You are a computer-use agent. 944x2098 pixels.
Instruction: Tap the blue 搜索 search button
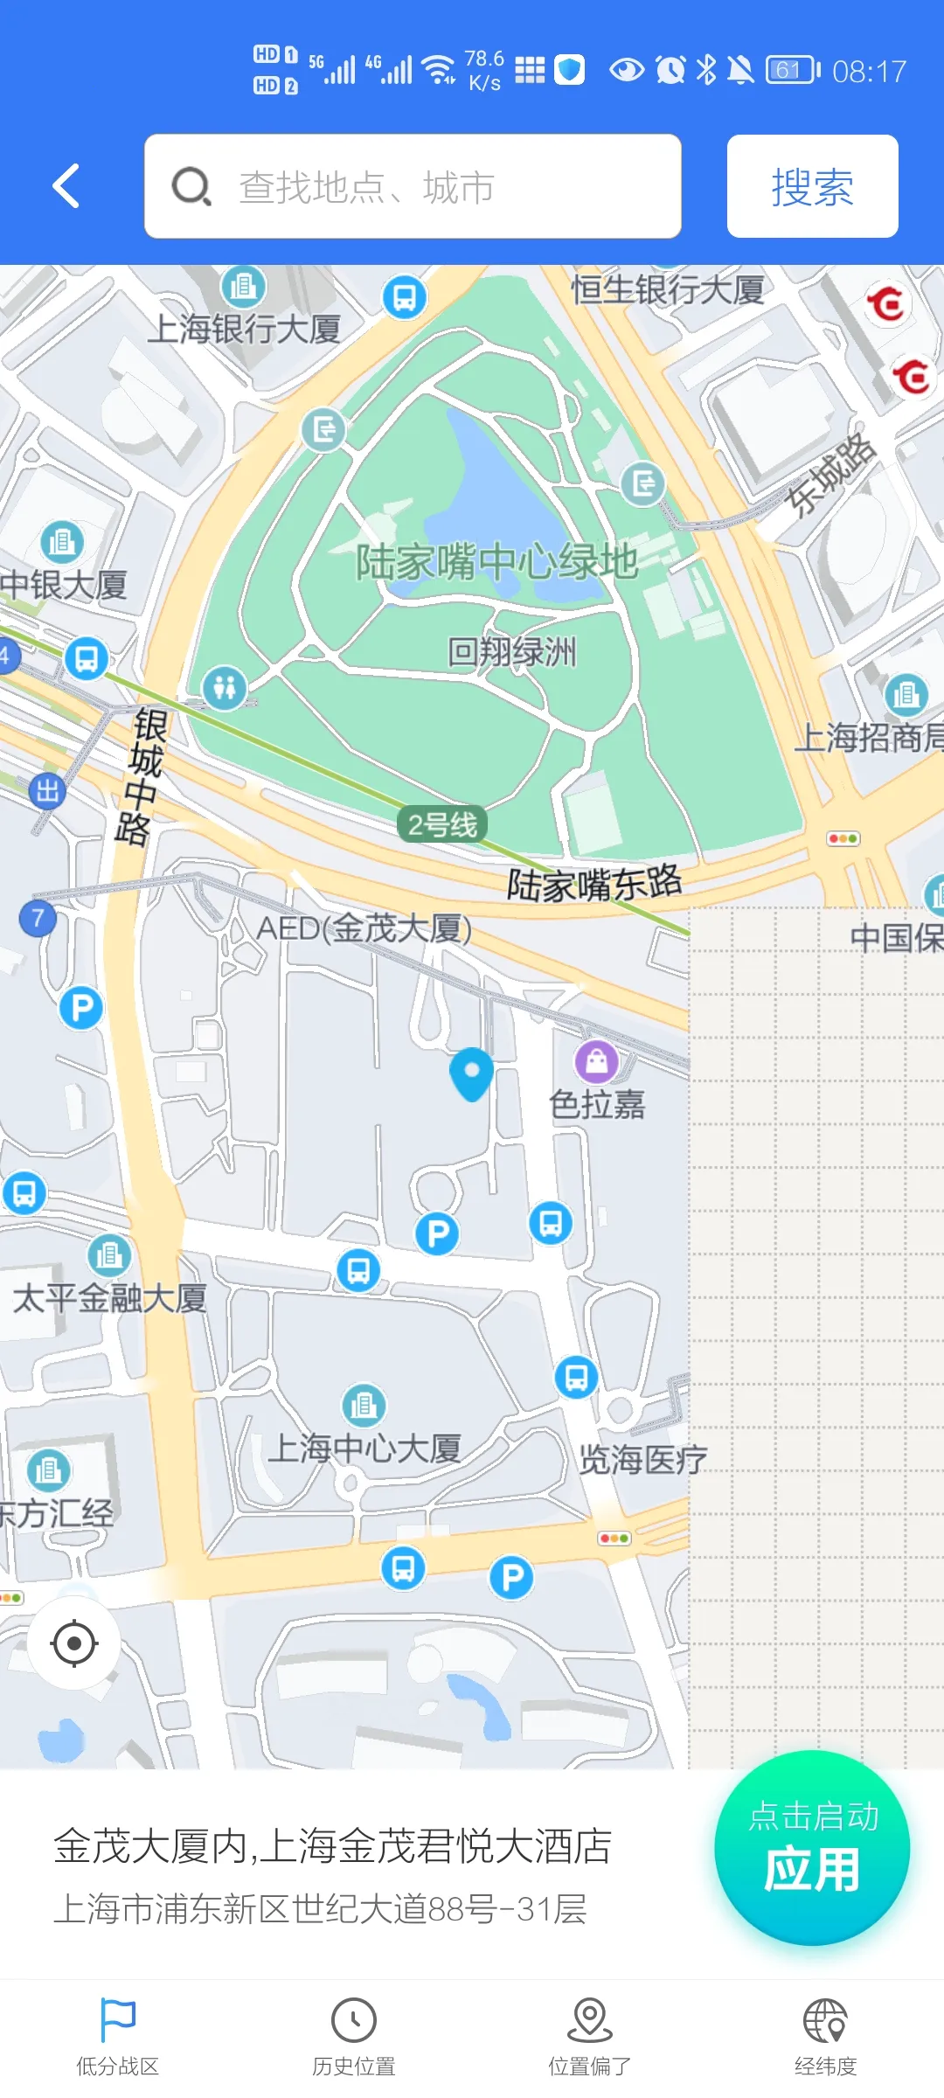coord(812,186)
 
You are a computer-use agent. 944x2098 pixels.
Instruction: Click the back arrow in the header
coord(66,186)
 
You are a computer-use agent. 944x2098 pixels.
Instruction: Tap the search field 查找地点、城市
coord(413,186)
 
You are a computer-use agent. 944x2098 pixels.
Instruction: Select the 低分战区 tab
coord(118,2037)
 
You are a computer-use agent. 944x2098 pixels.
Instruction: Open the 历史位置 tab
coord(354,2037)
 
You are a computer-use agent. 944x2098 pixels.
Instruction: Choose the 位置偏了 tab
coord(590,2037)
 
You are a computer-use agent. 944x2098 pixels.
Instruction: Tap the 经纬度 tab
coord(826,2037)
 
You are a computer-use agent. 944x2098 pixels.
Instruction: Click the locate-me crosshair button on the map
coord(74,1643)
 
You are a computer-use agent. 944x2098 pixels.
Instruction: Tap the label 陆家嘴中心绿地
coord(496,561)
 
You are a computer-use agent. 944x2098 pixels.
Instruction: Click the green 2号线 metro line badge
coord(442,823)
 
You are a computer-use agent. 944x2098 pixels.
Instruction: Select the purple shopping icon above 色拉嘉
coord(596,1062)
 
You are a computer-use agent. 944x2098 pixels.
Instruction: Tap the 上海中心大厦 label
coord(364,1448)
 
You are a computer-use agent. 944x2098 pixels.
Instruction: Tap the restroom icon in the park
coord(225,688)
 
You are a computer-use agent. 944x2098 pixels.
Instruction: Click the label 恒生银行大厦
coord(668,289)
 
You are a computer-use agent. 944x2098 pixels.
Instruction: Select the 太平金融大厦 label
coord(109,1298)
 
